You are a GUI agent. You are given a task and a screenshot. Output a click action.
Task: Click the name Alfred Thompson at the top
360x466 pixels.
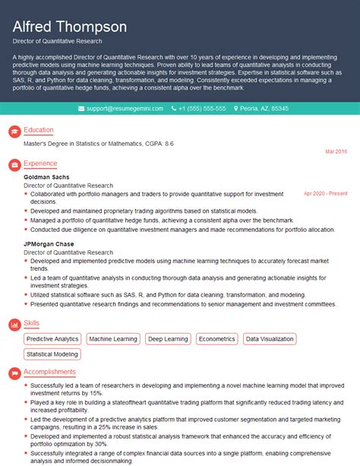69,27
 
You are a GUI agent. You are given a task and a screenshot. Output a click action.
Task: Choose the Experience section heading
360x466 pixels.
40,163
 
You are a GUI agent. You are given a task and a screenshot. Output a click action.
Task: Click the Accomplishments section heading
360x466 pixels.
49,372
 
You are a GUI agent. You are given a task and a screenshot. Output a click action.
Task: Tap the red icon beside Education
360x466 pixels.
14,131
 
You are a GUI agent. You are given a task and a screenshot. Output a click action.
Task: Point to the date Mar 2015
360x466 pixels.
336,152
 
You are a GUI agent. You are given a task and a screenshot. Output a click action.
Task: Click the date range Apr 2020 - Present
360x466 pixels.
325,194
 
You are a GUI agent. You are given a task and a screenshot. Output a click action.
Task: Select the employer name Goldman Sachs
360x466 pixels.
46,177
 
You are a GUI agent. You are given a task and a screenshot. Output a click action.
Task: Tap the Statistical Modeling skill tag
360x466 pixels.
52,353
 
